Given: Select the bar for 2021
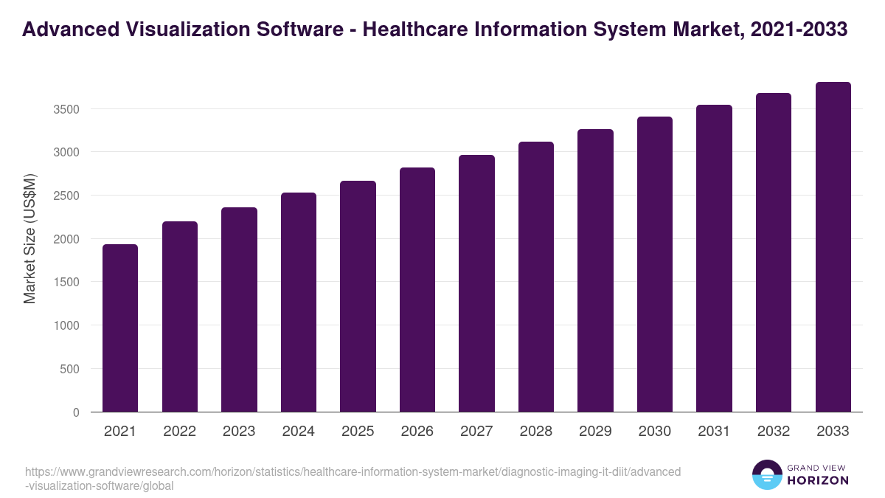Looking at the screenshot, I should point(120,328).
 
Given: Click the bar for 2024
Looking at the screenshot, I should point(299,302).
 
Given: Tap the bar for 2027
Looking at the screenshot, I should point(476,283).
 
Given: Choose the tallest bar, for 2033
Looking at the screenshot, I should point(833,247).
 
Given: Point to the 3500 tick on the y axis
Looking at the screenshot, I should point(66,109).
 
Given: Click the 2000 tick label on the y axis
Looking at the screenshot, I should point(66,239).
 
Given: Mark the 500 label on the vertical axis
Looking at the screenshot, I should point(69,369).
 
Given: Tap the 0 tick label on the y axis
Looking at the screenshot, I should point(75,412).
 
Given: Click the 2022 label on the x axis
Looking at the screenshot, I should point(180,432).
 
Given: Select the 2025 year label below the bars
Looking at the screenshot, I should point(358,432).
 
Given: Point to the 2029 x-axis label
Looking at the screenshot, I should point(595,432).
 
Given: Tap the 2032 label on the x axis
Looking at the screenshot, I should point(774,432).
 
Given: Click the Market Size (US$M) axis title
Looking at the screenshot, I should point(29,238).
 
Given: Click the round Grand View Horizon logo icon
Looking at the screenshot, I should point(766,474).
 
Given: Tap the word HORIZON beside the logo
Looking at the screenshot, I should point(817,480).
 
